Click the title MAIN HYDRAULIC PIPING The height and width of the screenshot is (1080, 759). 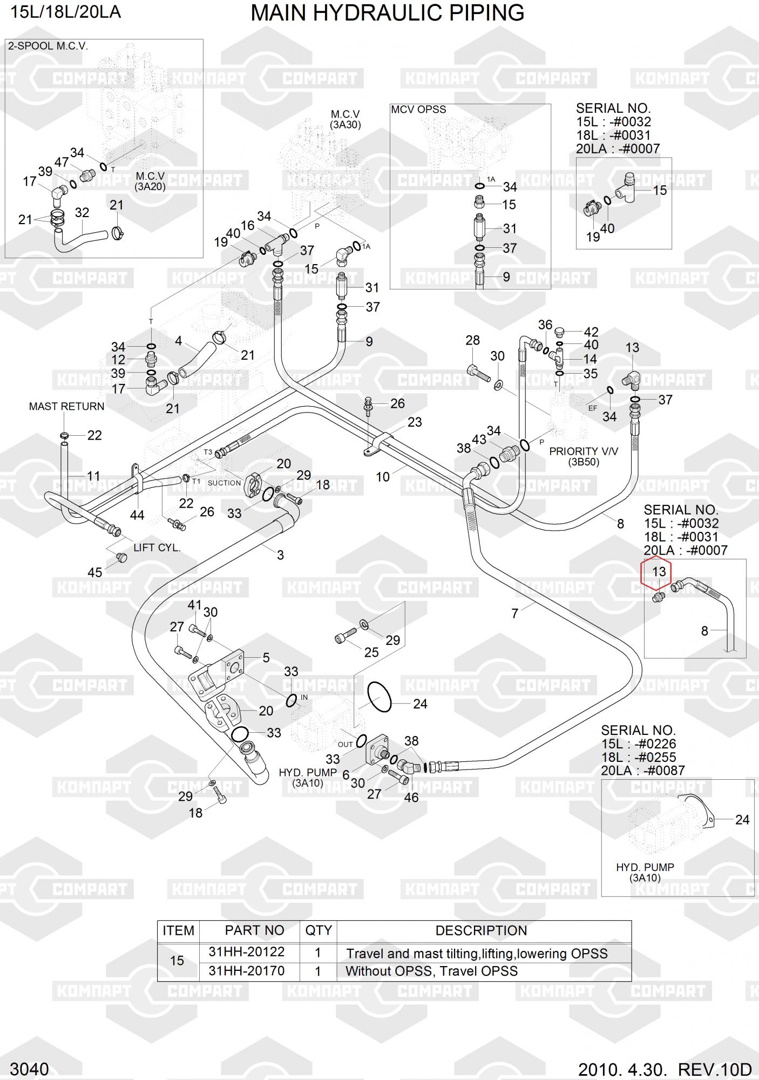point(387,12)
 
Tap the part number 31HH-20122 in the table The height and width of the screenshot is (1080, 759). point(246,951)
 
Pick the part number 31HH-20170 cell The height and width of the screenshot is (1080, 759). point(246,970)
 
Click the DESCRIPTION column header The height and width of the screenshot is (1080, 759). point(480,930)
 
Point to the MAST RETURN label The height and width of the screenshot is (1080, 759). point(66,407)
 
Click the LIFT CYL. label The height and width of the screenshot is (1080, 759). point(157,548)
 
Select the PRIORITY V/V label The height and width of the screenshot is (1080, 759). point(583,451)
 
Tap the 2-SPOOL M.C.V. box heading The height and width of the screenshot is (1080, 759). point(48,46)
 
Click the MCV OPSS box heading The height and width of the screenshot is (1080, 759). point(418,110)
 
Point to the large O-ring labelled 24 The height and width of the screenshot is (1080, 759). point(380,697)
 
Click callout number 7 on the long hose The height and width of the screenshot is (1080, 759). point(514,613)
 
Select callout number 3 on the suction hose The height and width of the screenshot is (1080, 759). point(280,555)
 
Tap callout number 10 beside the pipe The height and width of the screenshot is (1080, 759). point(382,477)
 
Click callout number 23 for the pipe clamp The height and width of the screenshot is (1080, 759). point(415,422)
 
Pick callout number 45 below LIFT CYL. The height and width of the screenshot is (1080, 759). point(94,572)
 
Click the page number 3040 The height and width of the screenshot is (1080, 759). point(29,1069)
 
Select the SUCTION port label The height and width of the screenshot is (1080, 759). point(224,483)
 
